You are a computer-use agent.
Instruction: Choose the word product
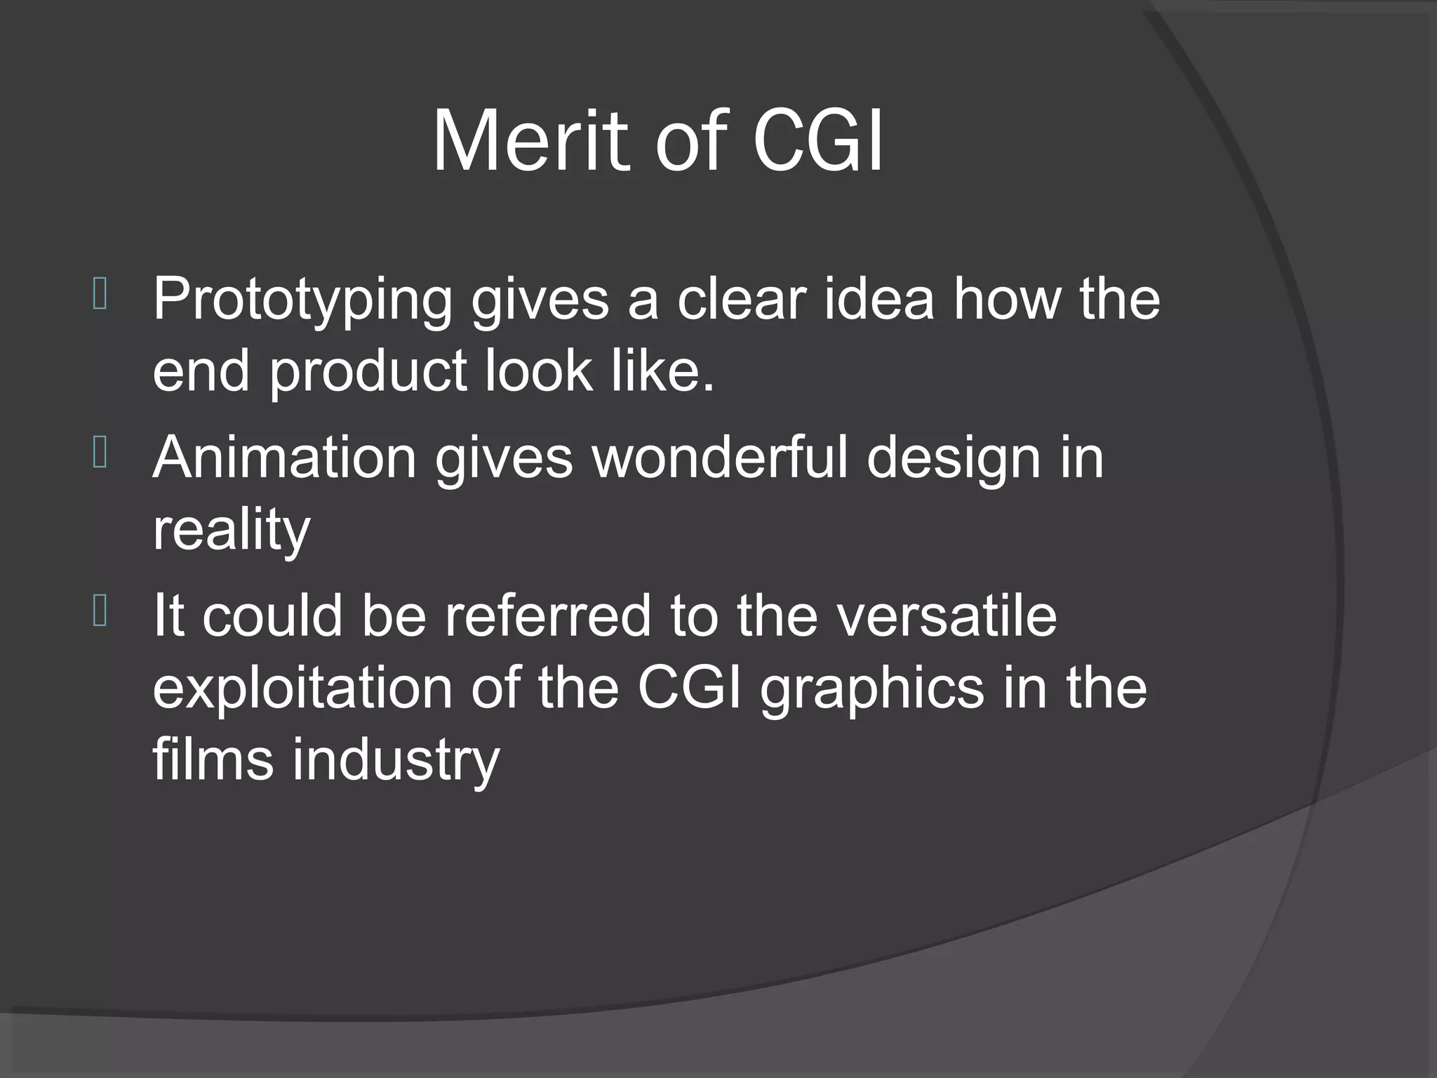[368, 373]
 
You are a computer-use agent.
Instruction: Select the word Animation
[284, 458]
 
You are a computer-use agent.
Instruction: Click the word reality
[231, 532]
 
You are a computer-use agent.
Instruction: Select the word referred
[548, 616]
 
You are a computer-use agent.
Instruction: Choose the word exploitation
[302, 691]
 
